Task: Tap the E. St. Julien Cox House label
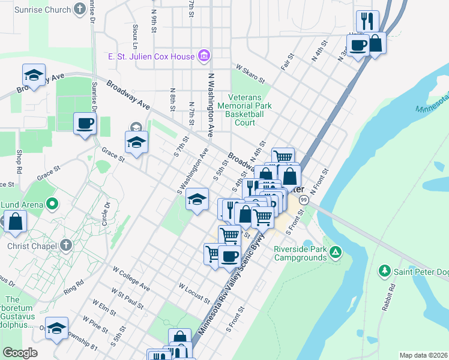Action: click(x=151, y=57)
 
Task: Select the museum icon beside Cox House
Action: click(x=204, y=56)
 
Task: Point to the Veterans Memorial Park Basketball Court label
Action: click(x=244, y=110)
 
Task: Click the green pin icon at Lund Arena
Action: click(x=52, y=205)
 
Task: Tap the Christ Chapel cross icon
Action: click(x=66, y=245)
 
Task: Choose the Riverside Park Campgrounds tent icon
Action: click(x=337, y=253)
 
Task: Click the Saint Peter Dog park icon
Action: click(x=385, y=271)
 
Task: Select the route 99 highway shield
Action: click(x=304, y=199)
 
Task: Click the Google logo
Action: click(x=20, y=353)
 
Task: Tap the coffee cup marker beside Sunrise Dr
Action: click(x=85, y=124)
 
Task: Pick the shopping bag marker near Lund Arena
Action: click(x=16, y=221)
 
